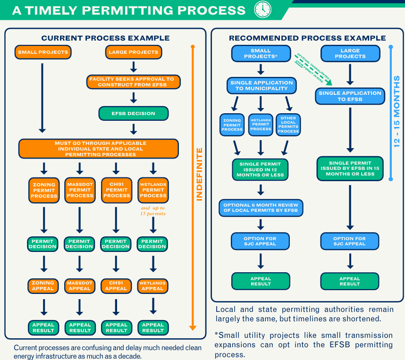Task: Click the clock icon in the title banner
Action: click(x=262, y=9)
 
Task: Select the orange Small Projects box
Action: click(x=43, y=52)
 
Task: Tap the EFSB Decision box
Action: click(x=134, y=113)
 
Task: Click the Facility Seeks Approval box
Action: click(x=133, y=82)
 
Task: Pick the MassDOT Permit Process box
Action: click(x=80, y=190)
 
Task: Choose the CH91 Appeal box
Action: click(x=116, y=286)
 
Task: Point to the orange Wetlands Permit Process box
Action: click(x=153, y=190)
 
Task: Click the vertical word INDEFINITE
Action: click(x=199, y=174)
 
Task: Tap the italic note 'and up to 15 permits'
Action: click(x=153, y=211)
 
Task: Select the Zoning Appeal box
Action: click(x=43, y=286)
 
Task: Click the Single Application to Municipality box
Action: click(x=262, y=85)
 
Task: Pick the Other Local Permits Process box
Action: click(x=288, y=125)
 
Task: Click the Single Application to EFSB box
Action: click(x=350, y=96)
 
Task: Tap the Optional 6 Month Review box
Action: click(x=261, y=208)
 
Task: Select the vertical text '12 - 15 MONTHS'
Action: click(x=397, y=111)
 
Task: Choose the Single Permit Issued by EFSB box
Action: click(x=350, y=168)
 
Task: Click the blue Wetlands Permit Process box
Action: click(x=261, y=125)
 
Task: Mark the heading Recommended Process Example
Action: click(x=307, y=38)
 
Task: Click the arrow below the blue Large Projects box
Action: click(x=350, y=75)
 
